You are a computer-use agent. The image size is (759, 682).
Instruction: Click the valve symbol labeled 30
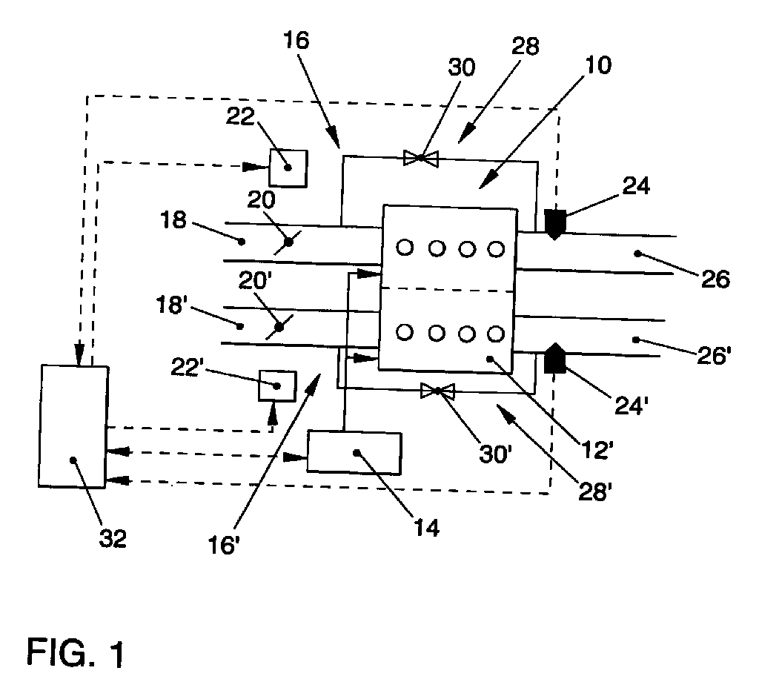[421, 158]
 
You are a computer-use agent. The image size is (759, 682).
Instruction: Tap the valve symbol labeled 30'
[437, 391]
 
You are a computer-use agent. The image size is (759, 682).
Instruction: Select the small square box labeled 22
[288, 168]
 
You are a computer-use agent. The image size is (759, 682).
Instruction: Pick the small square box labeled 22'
[277, 385]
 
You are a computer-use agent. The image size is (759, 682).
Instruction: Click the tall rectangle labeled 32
[73, 426]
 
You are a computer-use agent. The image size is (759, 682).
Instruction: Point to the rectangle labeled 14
[354, 453]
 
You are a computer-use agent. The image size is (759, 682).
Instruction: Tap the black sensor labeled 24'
[554, 358]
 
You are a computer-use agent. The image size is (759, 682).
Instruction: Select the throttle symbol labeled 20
[288, 242]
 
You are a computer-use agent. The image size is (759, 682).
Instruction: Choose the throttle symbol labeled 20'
[279, 327]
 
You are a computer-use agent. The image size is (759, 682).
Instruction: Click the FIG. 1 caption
[76, 652]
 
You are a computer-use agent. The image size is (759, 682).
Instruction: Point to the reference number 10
[598, 65]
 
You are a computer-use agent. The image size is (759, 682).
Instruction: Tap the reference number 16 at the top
[296, 40]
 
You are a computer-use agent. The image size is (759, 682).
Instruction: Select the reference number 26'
[714, 357]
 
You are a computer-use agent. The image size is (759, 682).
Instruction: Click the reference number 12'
[598, 451]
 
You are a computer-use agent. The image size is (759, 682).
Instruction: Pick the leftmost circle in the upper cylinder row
[405, 248]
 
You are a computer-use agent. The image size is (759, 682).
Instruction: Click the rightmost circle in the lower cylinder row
[496, 333]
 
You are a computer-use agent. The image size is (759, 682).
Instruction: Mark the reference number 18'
[171, 305]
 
